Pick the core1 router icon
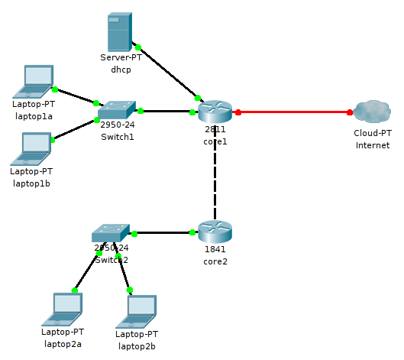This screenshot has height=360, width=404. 215,112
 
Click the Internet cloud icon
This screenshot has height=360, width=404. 372,112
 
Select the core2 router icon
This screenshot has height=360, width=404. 215,232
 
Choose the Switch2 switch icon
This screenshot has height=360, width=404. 112,233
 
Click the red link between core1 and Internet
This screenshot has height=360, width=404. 294,112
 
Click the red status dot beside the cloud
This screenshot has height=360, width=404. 350,112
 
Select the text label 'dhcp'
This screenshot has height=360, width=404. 121,70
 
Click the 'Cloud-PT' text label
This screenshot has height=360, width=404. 372,133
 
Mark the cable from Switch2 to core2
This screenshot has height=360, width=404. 163,232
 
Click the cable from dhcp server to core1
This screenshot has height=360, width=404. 167,73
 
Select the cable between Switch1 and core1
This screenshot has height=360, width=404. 166,112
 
